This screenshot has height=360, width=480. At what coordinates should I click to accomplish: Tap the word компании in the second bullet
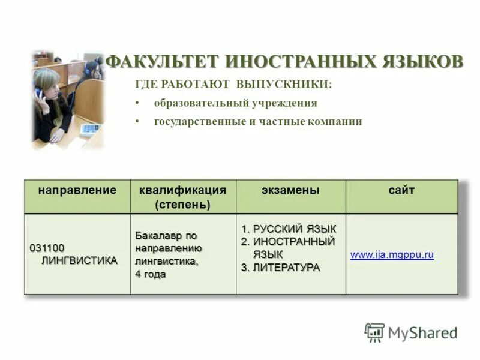[x=335, y=121]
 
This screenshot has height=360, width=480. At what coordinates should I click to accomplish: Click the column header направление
[x=77, y=190]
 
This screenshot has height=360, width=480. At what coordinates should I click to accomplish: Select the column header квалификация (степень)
[x=182, y=197]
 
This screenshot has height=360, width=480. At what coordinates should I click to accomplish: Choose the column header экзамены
[x=290, y=190]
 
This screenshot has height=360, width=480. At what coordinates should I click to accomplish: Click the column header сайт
[x=401, y=190]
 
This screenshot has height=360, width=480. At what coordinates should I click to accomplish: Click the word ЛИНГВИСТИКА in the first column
[x=79, y=260]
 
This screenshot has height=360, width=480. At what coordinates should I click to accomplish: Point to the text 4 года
[x=150, y=274]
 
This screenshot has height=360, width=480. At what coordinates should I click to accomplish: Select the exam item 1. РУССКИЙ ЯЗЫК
[x=289, y=229]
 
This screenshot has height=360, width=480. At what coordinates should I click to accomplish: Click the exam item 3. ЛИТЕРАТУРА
[x=281, y=267]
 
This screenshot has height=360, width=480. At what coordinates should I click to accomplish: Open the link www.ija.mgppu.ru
[x=392, y=255]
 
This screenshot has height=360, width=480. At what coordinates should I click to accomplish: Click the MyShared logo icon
[x=374, y=332]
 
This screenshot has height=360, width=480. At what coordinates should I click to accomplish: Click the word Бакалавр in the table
[x=155, y=235]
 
